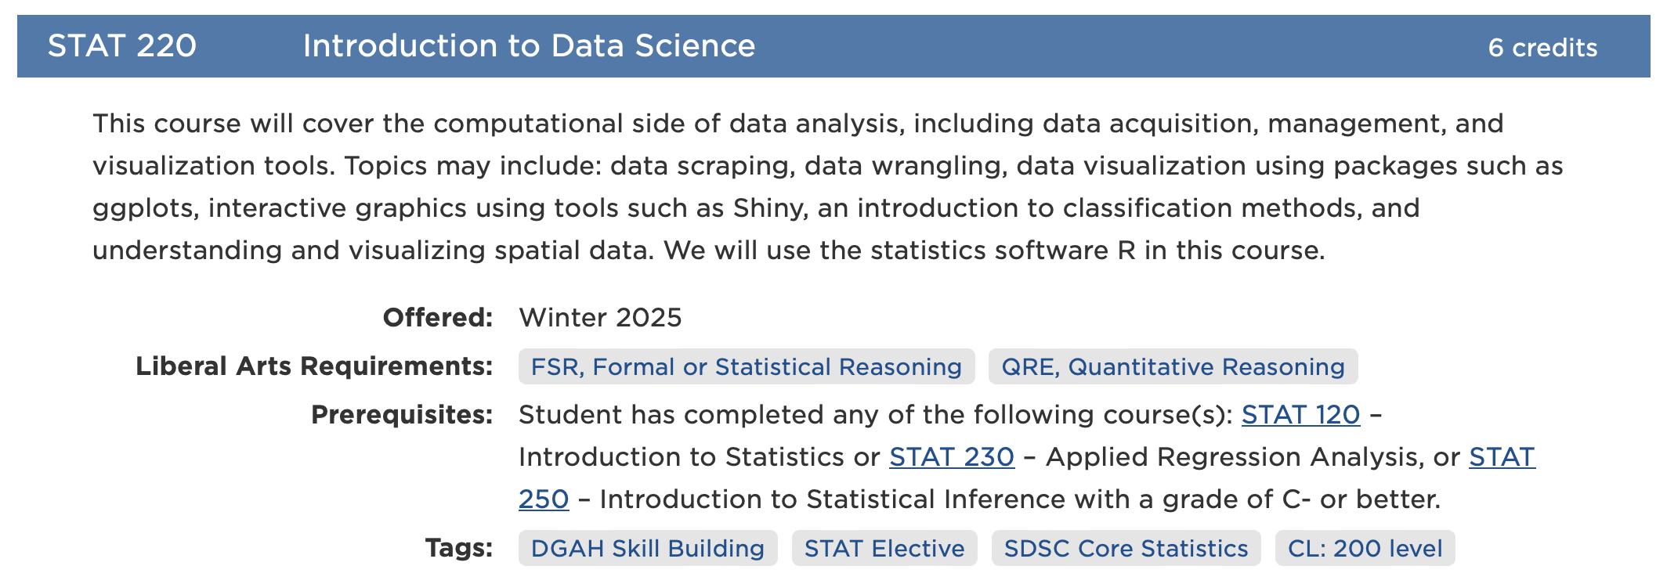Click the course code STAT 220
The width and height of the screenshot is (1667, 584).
click(122, 46)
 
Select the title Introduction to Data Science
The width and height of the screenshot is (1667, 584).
click(529, 46)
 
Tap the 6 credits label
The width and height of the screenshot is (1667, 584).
click(1542, 48)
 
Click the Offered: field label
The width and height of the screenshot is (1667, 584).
click(438, 318)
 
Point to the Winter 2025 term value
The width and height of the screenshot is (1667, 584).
click(600, 318)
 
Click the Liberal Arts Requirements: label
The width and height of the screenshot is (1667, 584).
click(314, 366)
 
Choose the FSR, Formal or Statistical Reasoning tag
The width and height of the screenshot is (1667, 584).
click(747, 366)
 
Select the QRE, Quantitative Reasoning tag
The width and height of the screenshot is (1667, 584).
click(1173, 366)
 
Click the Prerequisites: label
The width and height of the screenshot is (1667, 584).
click(402, 415)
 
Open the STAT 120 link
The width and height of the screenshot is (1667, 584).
click(1301, 415)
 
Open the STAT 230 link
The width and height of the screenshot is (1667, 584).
click(952, 457)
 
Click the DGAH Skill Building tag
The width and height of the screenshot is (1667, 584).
click(648, 548)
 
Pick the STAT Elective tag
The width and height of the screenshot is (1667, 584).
click(884, 548)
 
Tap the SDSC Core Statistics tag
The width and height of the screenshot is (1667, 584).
click(1126, 548)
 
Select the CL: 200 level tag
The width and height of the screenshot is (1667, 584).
click(1365, 548)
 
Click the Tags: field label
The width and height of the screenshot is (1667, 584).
click(459, 548)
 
